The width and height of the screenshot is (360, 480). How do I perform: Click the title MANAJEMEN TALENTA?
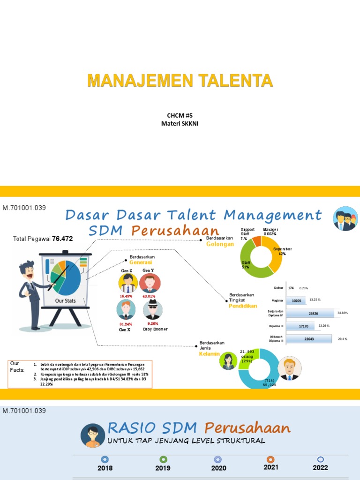(180, 81)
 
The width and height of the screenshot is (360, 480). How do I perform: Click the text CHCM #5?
(180, 115)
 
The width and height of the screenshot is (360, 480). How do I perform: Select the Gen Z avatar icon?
(127, 283)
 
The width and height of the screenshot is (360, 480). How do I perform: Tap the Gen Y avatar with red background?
(150, 283)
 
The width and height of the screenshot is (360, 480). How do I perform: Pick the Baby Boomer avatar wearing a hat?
(152, 310)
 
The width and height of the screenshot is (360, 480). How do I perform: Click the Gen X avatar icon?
(126, 310)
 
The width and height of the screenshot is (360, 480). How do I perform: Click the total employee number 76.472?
(62, 239)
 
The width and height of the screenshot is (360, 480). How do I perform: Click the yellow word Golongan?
(220, 244)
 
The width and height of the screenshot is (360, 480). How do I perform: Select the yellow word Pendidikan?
(243, 306)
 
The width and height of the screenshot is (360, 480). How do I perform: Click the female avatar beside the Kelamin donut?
(229, 360)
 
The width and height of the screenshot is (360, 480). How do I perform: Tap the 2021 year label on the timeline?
(270, 467)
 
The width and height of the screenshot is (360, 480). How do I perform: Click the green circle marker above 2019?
(163, 459)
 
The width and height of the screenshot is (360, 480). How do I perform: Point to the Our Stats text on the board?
(66, 300)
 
